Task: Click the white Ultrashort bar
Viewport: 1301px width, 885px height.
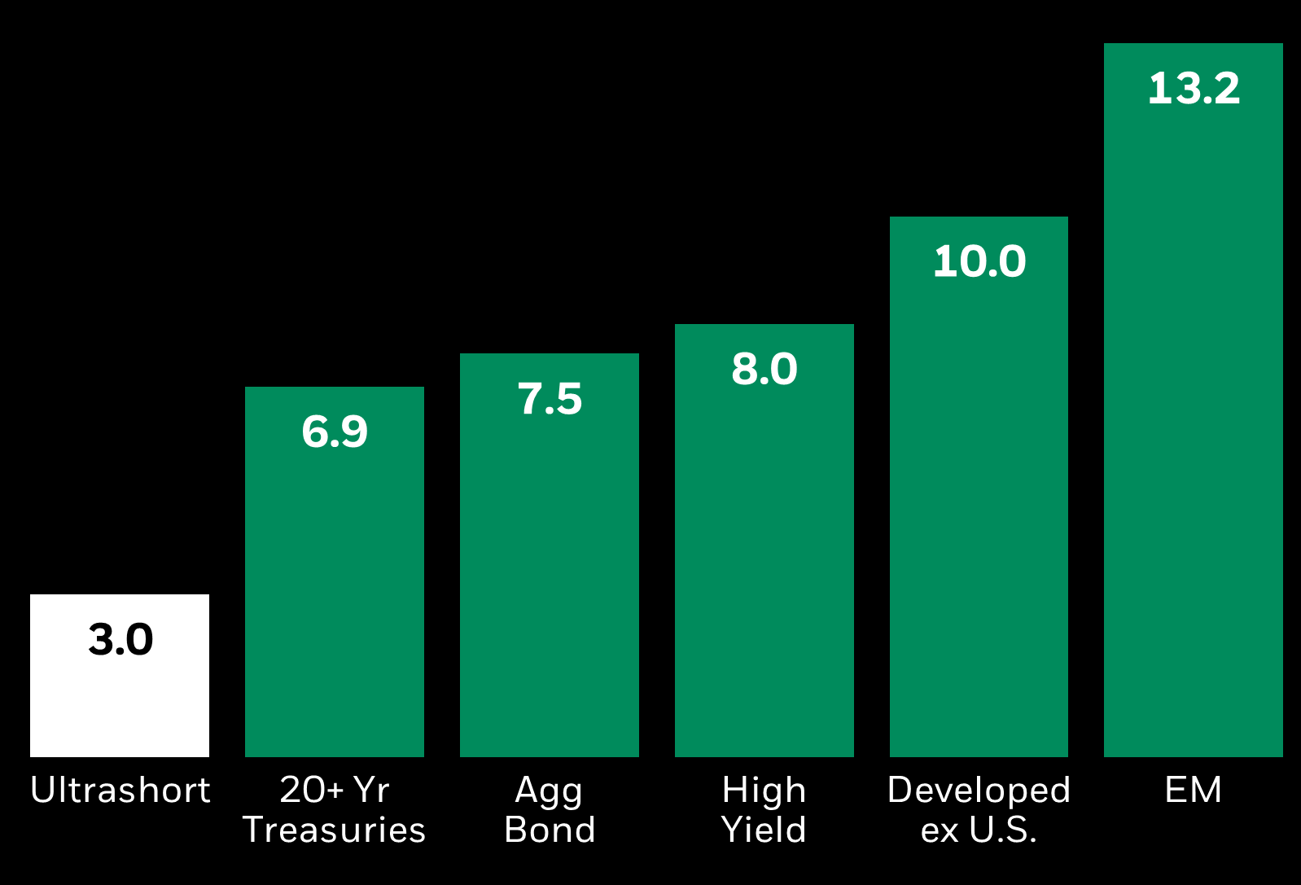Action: [x=120, y=700]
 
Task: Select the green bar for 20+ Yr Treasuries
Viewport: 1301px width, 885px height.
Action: [x=334, y=586]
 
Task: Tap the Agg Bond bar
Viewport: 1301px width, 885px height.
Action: [x=549, y=570]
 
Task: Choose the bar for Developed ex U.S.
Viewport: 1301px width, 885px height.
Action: [x=979, y=505]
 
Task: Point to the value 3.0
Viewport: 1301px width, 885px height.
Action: [x=120, y=639]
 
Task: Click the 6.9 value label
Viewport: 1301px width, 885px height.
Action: [x=335, y=431]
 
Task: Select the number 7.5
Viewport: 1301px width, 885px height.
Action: [x=550, y=399]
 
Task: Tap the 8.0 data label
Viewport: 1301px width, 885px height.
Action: [x=764, y=369]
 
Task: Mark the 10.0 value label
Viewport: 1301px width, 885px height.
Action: [x=979, y=261]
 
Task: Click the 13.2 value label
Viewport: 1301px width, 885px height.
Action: [x=1194, y=88]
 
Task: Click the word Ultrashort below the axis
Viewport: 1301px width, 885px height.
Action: [x=120, y=790]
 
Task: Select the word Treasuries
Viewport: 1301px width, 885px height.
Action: [x=334, y=830]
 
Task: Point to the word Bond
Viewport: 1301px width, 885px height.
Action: [x=550, y=830]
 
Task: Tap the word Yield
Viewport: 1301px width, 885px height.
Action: [x=764, y=830]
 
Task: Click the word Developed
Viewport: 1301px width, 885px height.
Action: [x=979, y=790]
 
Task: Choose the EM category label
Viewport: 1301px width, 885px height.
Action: [x=1193, y=790]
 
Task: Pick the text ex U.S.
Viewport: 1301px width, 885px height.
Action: [x=979, y=830]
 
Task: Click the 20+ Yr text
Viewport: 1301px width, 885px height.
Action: [x=334, y=790]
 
